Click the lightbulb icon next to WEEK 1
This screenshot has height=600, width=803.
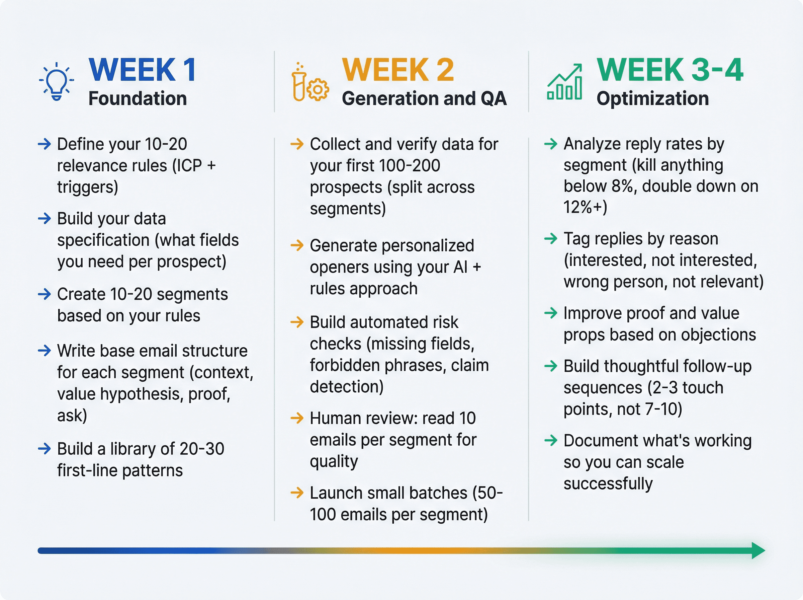click(57, 82)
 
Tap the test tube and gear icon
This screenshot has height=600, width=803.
click(309, 83)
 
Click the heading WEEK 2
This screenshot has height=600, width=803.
click(398, 70)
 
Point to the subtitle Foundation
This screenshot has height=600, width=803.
click(138, 98)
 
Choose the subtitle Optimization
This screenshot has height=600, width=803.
click(652, 98)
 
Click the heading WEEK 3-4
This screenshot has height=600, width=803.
click(670, 70)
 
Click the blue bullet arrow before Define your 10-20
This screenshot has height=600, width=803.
click(44, 144)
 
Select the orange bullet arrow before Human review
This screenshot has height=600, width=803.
click(297, 418)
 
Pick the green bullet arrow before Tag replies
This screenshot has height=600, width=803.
click(551, 239)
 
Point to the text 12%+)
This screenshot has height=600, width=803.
click(585, 207)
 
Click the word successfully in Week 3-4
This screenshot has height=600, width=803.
click(608, 483)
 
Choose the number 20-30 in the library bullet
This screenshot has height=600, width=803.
click(201, 449)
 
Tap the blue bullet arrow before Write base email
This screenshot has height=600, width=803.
click(44, 351)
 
